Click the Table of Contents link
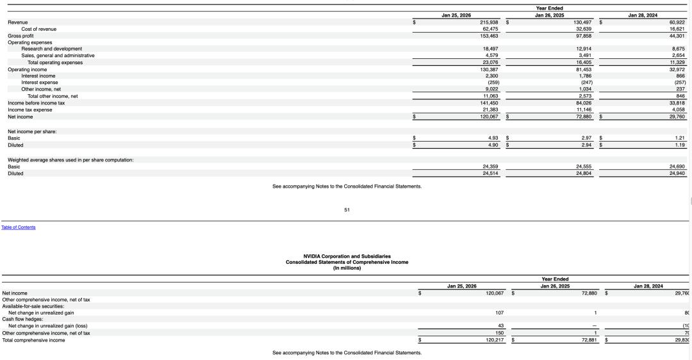(x=18, y=227)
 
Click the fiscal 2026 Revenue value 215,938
(x=490, y=22)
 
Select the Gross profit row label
(x=21, y=36)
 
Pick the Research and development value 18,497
(x=490, y=49)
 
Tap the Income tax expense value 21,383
(x=490, y=110)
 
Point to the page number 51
(x=347, y=209)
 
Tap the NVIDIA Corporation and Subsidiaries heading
(x=347, y=256)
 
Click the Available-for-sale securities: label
(x=33, y=306)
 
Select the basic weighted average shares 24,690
(x=677, y=167)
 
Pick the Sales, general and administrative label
(x=58, y=56)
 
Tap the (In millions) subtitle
(x=347, y=268)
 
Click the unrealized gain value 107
(x=499, y=313)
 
